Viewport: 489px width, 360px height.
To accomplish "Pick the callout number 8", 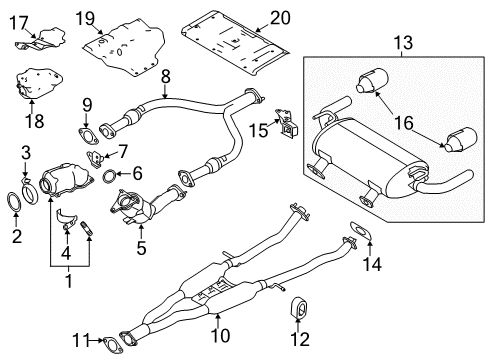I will (166, 75).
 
